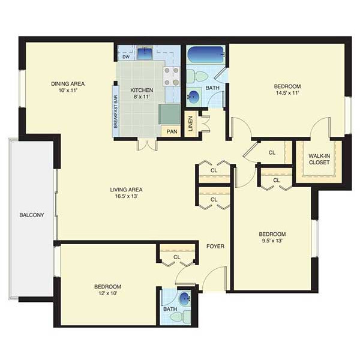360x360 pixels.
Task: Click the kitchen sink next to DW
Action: tap(145, 53)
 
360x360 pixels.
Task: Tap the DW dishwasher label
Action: tap(126, 57)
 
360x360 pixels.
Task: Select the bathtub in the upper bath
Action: tap(205, 55)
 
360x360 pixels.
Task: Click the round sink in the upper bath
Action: tap(193, 96)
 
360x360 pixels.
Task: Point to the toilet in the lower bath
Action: tap(181, 317)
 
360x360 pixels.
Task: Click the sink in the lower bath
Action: tap(185, 299)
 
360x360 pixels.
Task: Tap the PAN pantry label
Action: tap(172, 131)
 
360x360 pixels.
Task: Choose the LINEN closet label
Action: tap(191, 124)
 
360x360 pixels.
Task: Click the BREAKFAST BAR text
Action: tap(116, 112)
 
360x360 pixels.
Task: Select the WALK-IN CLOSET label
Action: tap(319, 159)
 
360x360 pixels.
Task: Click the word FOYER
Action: tap(215, 247)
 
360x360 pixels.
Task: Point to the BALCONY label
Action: tap(32, 215)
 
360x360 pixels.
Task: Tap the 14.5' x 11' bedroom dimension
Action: tap(287, 93)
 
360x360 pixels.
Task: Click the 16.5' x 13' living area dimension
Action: tap(126, 196)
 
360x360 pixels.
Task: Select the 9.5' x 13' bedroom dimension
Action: tap(272, 241)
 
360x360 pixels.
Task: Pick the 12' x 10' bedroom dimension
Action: tap(107, 293)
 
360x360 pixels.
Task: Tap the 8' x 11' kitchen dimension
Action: tap(142, 97)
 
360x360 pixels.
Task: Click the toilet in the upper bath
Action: tap(197, 76)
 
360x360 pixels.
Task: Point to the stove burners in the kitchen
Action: tap(172, 76)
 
